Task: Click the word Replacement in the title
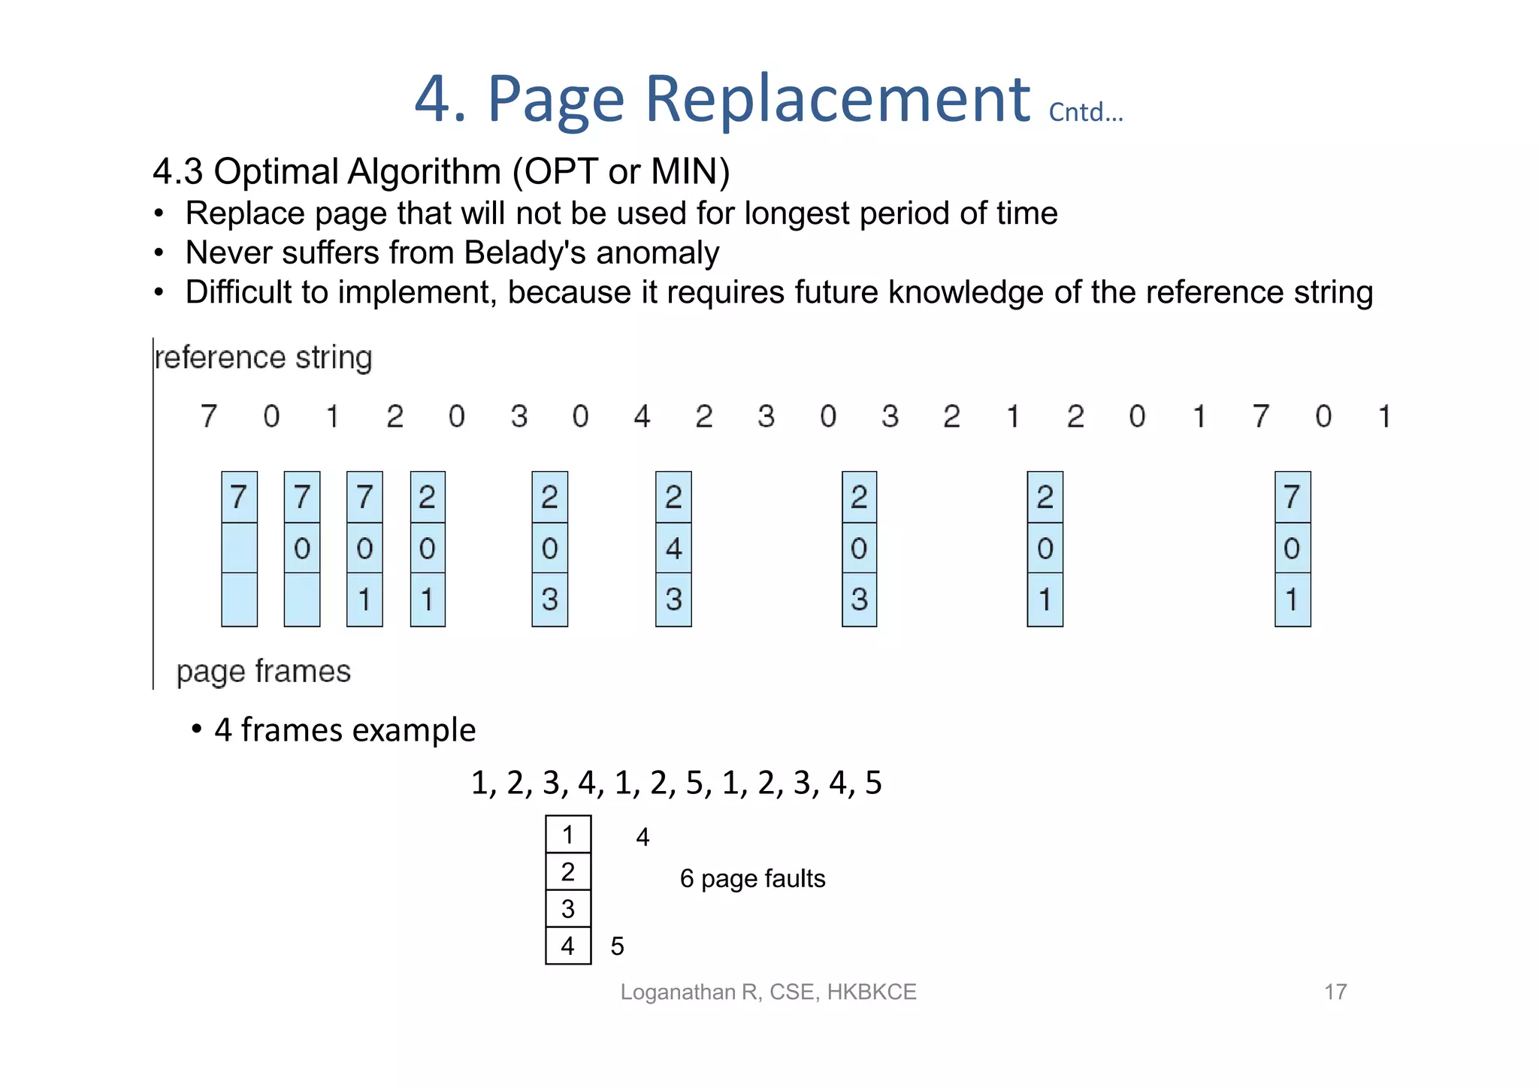point(837,99)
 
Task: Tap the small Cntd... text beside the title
point(1086,112)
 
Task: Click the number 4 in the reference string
point(641,416)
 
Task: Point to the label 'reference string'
point(263,358)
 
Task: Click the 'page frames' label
point(263,671)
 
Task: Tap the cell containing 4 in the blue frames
point(673,548)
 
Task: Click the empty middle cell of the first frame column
point(239,548)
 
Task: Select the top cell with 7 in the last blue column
point(1293,497)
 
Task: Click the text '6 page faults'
point(752,878)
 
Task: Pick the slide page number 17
point(1335,992)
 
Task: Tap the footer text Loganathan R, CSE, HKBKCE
point(768,992)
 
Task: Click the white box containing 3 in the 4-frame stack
point(568,909)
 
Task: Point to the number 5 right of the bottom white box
point(617,946)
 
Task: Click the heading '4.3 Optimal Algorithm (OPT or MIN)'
point(441,171)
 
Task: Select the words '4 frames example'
point(345,729)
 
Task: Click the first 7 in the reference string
point(209,416)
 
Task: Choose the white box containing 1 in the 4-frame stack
point(568,835)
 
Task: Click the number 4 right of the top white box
point(643,837)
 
